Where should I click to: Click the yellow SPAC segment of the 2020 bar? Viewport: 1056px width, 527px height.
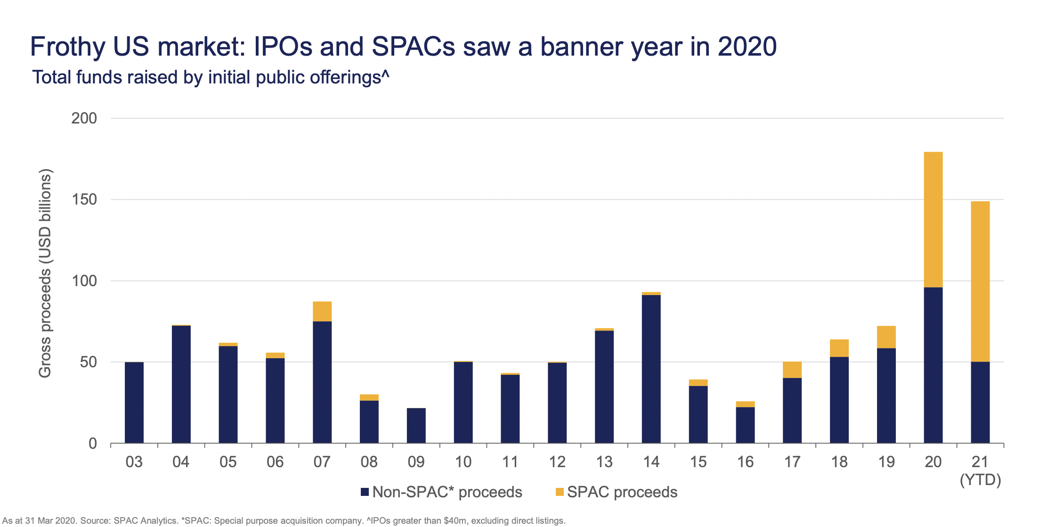coord(933,219)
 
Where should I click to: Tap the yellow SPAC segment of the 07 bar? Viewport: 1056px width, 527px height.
coord(322,311)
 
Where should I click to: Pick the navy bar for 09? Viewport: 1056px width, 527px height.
coord(416,425)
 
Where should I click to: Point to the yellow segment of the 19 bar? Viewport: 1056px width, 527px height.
coord(886,337)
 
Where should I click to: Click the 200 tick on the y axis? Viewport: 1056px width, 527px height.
coord(84,118)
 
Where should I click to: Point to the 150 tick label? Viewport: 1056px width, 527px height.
coord(84,199)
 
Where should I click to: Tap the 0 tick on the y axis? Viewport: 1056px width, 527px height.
coord(92,443)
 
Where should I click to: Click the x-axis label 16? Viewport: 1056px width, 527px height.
coord(745,462)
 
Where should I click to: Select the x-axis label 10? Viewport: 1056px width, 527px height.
coord(463,462)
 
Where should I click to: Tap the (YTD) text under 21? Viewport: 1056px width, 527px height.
coord(980,480)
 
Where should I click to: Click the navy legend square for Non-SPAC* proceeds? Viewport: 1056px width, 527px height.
coord(365,492)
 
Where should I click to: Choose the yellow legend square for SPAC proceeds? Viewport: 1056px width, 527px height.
coord(560,492)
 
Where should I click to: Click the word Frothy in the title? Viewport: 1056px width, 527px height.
coord(68,47)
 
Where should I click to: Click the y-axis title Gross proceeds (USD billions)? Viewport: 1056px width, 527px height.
coord(45,273)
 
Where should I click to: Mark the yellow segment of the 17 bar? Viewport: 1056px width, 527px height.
coord(792,370)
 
